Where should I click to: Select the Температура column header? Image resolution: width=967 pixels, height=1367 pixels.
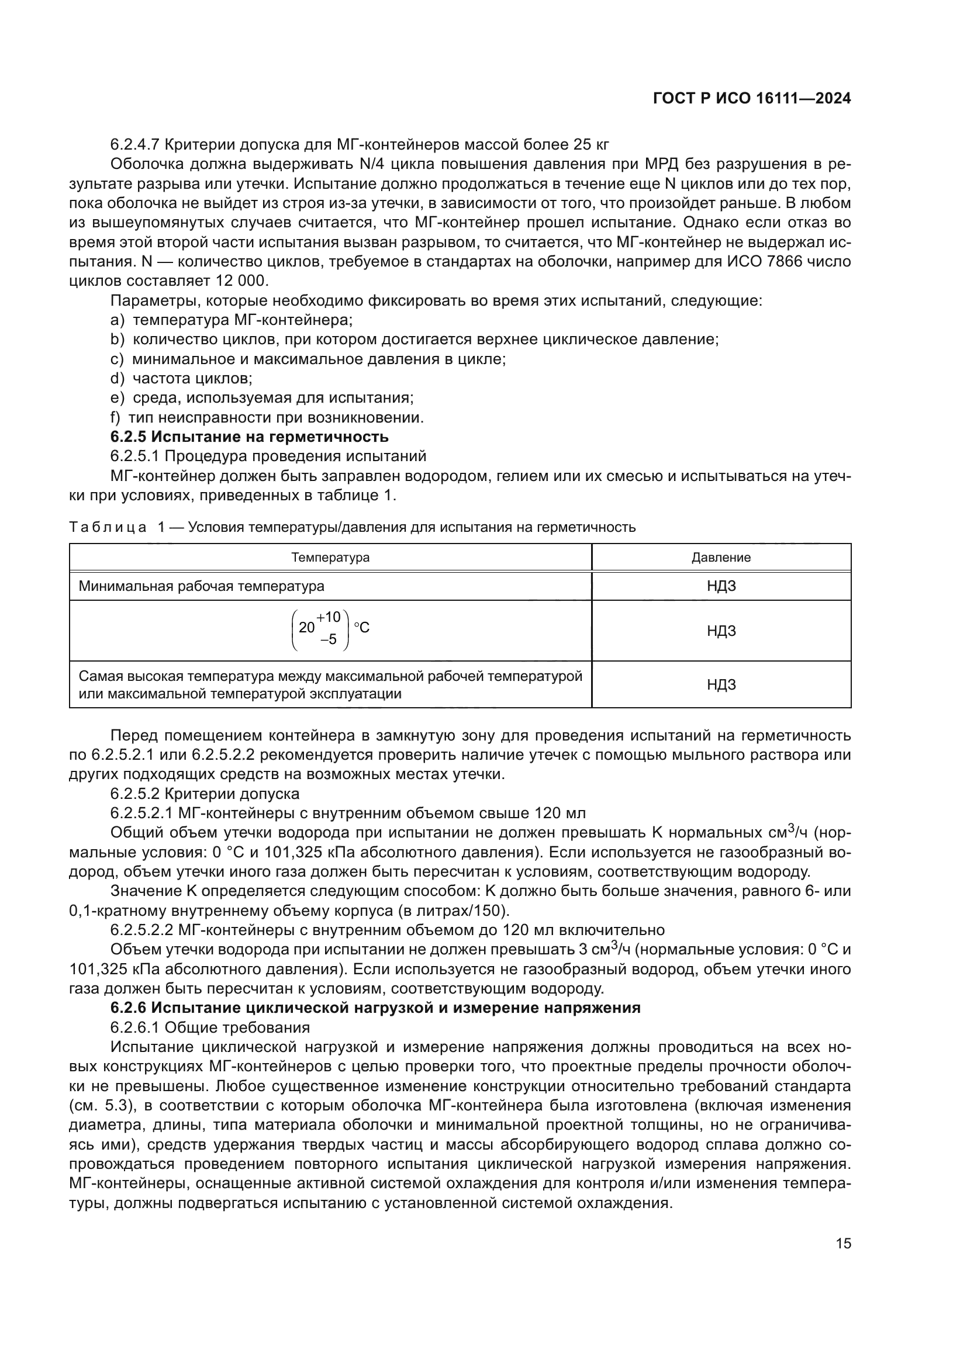click(330, 558)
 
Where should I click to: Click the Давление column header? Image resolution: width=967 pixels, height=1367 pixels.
click(721, 558)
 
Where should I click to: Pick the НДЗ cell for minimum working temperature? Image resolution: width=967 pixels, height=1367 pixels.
click(721, 586)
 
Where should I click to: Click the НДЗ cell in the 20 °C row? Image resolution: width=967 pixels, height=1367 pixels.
click(721, 631)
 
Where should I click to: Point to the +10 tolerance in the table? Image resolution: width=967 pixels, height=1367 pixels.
click(329, 617)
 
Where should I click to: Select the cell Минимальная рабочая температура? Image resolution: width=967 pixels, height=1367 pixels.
click(201, 586)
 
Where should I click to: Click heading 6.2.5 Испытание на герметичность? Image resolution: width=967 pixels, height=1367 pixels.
click(250, 437)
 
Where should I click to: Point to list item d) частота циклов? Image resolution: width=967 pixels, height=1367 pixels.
click(182, 378)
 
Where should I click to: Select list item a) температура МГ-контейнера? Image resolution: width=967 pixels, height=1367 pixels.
click(232, 320)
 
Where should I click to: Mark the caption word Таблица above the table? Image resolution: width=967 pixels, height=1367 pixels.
click(108, 528)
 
